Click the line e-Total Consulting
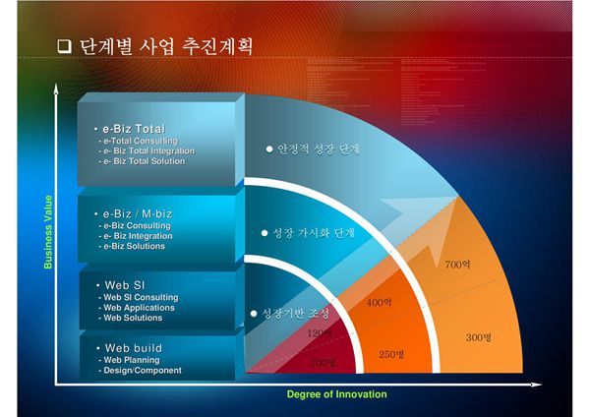point(138,141)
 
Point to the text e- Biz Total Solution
point(146,161)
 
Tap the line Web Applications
point(138,307)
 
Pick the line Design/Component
point(140,371)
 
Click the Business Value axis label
point(49,232)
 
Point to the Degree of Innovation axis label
point(336,394)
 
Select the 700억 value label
point(457,265)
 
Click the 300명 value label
point(478,338)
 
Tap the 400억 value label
point(380,303)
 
